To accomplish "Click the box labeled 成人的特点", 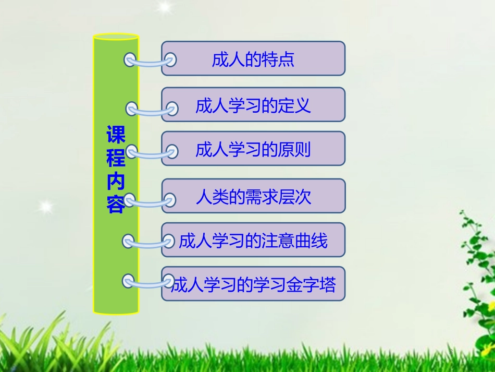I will (x=253, y=59).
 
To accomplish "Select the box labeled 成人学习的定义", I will (x=253, y=105).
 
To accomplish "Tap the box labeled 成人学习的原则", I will (x=253, y=150).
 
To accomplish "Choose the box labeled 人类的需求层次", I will (x=253, y=197).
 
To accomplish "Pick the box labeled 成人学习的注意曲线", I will (x=253, y=241).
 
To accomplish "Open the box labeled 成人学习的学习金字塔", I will (x=253, y=285).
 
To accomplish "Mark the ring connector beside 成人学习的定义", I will (x=151, y=110).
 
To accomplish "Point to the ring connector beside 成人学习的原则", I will (x=151, y=153).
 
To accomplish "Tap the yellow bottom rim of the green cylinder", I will (x=116, y=312).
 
